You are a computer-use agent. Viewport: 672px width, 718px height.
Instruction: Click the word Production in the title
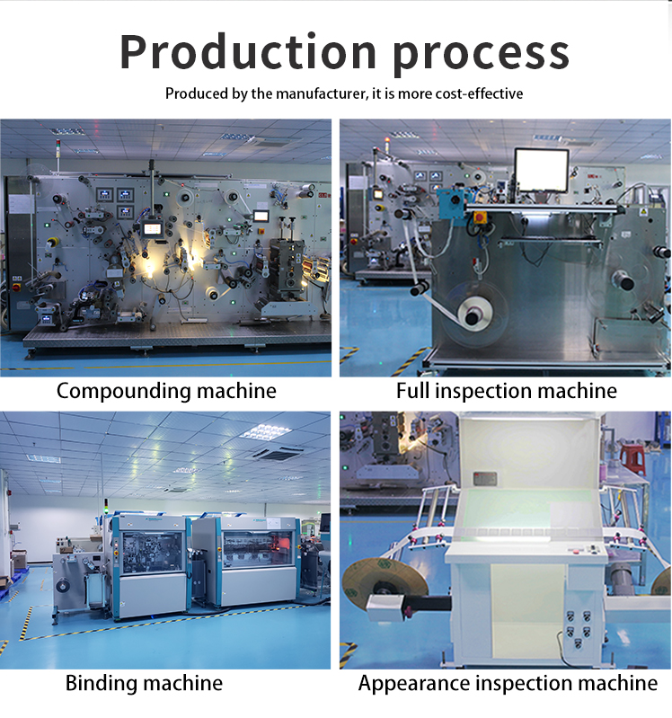tap(248, 51)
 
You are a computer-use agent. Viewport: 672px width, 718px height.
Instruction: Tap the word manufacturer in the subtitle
tap(320, 93)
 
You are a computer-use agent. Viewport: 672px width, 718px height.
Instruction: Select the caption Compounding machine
tap(166, 392)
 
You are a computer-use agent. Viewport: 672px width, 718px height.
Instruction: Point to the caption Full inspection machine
tap(507, 392)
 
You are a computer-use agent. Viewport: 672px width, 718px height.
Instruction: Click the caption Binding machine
tap(144, 683)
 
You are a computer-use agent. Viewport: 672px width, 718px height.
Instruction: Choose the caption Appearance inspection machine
tap(508, 684)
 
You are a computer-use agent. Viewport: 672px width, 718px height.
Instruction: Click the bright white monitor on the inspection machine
tap(542, 171)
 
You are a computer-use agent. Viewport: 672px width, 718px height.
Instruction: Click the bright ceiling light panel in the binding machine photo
tap(263, 432)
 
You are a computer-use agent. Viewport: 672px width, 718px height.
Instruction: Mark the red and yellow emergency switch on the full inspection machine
tap(479, 217)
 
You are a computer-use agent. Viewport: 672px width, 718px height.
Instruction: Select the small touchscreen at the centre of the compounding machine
tap(151, 228)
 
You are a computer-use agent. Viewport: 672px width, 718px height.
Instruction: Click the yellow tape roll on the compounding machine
tap(53, 243)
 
